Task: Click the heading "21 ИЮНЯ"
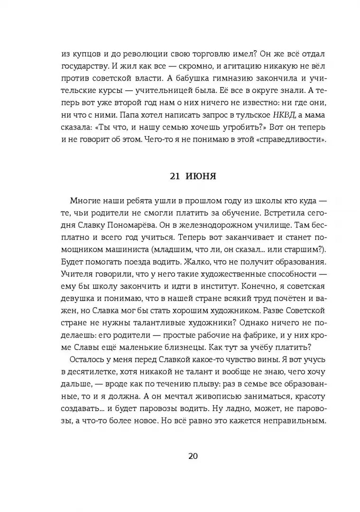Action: click(x=193, y=176)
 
